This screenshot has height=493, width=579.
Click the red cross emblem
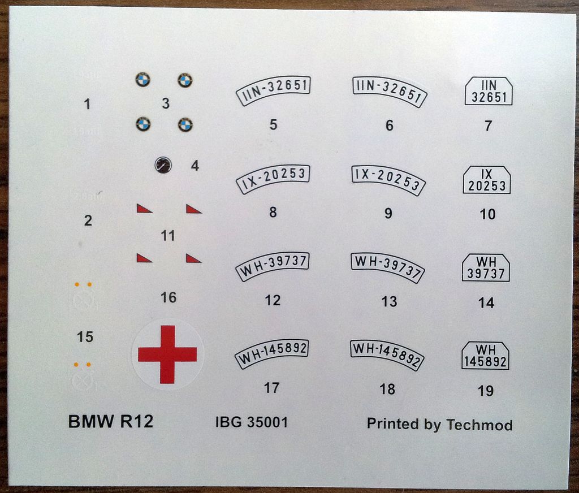tap(167, 354)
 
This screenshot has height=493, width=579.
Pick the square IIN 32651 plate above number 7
tap(489, 91)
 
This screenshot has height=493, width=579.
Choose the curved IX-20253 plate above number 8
tap(273, 179)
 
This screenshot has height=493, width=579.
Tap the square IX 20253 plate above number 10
tap(487, 180)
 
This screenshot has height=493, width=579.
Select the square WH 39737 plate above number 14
tap(486, 268)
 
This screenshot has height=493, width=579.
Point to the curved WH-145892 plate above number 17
tap(272, 354)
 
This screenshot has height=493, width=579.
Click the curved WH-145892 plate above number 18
tap(387, 354)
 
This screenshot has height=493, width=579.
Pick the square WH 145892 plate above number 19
tap(485, 356)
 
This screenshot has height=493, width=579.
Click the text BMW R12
tap(111, 422)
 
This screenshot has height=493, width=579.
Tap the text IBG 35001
tap(252, 422)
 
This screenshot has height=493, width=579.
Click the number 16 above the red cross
tap(168, 297)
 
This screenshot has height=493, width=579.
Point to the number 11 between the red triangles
tap(168, 236)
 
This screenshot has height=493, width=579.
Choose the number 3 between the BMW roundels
tap(166, 103)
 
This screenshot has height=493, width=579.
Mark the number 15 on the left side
tap(85, 337)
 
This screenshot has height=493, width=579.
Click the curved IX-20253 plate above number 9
tap(388, 180)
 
